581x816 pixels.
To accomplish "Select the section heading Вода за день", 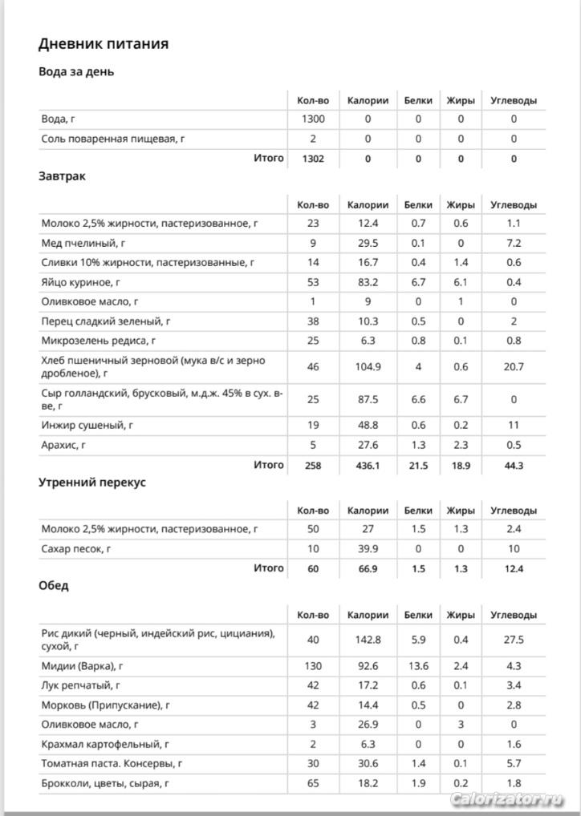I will (x=76, y=71).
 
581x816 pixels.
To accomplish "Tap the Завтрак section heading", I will (x=62, y=176).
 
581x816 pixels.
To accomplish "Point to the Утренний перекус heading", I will (x=92, y=483).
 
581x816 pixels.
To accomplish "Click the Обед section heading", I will (x=54, y=585).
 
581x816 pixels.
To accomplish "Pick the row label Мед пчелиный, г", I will (x=83, y=243).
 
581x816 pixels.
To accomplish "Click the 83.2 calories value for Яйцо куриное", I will (x=368, y=282).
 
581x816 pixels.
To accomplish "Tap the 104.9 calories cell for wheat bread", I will (x=368, y=366).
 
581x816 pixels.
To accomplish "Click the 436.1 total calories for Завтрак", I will (x=368, y=465).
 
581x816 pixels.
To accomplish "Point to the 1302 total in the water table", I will (x=313, y=159).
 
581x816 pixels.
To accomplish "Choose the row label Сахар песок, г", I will (x=76, y=549).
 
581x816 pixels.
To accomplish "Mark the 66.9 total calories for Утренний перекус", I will (x=368, y=568).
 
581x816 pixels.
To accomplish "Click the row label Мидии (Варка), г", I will (x=87, y=666).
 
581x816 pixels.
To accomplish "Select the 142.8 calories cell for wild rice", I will (x=368, y=640).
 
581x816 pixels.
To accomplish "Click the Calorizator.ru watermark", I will (x=507, y=799).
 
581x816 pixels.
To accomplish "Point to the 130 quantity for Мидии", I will (x=313, y=666).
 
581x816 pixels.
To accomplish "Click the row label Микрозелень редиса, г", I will (x=100, y=341).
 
